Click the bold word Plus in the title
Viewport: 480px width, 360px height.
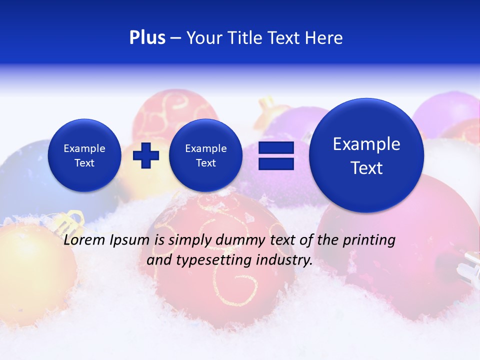(147, 38)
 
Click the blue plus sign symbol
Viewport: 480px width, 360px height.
(146, 155)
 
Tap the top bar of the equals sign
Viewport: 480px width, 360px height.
(276, 148)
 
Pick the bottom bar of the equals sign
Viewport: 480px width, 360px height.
(276, 163)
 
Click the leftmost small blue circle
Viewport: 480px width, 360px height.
(84, 155)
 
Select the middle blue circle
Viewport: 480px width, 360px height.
(205, 155)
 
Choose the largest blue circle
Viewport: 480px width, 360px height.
(366, 155)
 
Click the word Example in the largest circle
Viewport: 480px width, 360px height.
(366, 144)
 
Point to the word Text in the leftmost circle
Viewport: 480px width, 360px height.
(84, 163)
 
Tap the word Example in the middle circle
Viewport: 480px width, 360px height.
(205, 148)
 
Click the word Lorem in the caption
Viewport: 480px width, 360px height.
(82, 240)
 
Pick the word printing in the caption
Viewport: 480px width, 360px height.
(369, 240)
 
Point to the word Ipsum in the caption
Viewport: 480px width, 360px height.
(129, 240)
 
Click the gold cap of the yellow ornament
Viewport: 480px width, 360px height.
(71, 220)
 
